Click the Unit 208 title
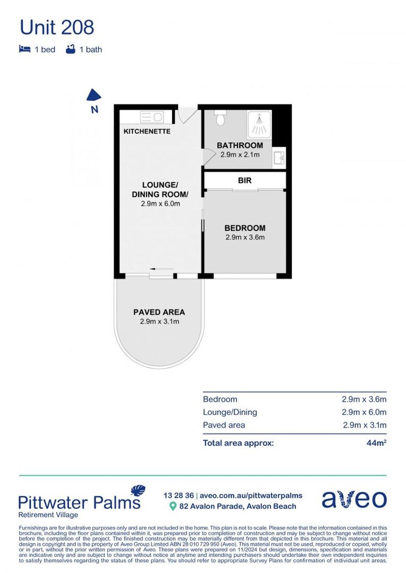point(57,27)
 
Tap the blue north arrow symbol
point(94,95)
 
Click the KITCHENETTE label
point(147,131)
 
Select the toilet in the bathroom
point(221,118)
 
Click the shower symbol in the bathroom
point(259,124)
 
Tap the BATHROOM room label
point(240,145)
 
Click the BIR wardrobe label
point(244,180)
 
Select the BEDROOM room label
point(244,228)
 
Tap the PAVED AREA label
point(159,312)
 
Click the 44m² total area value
point(376,442)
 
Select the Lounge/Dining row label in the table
point(230,412)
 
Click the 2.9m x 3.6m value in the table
point(363,400)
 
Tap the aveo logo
point(354,499)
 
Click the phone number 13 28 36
point(179,496)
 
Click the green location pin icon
point(172,506)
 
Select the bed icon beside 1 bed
point(24,49)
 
